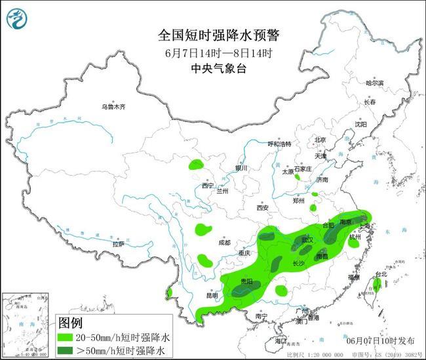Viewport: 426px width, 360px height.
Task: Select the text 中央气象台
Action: click(x=213, y=68)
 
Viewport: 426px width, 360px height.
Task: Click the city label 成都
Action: click(x=224, y=243)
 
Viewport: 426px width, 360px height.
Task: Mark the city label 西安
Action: click(x=262, y=208)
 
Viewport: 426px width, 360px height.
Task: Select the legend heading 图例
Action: click(x=71, y=323)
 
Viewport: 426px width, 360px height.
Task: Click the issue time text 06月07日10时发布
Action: click(x=379, y=342)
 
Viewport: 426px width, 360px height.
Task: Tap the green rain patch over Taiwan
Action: click(x=378, y=284)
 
